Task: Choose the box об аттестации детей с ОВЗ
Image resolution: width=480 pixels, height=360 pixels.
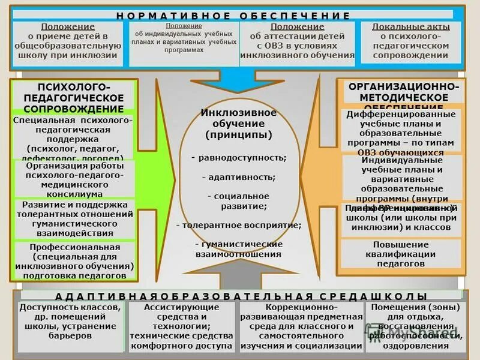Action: [297, 41]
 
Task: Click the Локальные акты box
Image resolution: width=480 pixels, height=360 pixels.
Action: [410, 41]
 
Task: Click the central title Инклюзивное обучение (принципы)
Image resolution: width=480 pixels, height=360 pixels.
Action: [239, 124]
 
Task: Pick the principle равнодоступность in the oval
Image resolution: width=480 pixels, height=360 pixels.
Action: [239, 158]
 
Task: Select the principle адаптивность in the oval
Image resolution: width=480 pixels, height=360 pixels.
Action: [239, 178]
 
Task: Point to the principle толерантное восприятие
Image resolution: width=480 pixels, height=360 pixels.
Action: [239, 226]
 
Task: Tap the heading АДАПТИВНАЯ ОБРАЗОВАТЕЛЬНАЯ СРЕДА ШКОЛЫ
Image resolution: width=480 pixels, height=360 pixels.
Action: [241, 296]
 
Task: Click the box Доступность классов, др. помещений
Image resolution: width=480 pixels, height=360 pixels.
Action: [71, 326]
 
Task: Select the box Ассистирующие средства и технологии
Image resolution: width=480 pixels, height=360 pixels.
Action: [183, 326]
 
